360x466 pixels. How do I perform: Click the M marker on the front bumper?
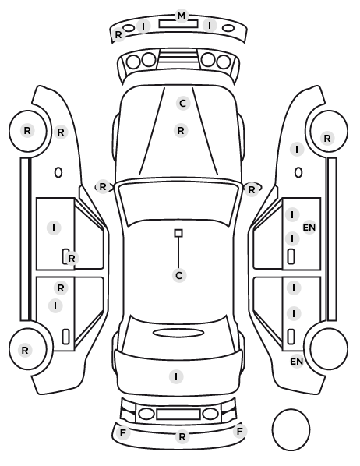[181, 16]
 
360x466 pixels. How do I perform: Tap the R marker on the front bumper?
[118, 35]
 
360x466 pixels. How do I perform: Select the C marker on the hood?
[183, 104]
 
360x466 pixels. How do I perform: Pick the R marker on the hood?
[181, 130]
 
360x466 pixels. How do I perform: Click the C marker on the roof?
[179, 276]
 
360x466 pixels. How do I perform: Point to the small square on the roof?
[178, 233]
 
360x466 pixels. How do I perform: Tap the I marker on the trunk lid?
[176, 377]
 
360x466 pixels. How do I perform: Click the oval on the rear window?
[178, 333]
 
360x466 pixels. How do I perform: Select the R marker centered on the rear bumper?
[182, 436]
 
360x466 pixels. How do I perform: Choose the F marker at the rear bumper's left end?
[122, 433]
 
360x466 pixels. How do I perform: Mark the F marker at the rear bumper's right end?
[239, 431]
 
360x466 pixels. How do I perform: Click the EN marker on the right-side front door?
[309, 228]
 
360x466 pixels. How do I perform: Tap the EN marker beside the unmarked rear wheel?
[296, 362]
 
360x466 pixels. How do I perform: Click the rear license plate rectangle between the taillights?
[178, 415]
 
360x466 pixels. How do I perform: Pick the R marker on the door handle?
[72, 259]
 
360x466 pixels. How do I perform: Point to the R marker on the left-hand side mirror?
[103, 187]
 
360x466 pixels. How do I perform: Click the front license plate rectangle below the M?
[178, 24]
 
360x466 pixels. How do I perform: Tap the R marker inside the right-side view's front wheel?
[327, 138]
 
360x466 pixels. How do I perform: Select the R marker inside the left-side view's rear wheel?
[25, 350]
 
